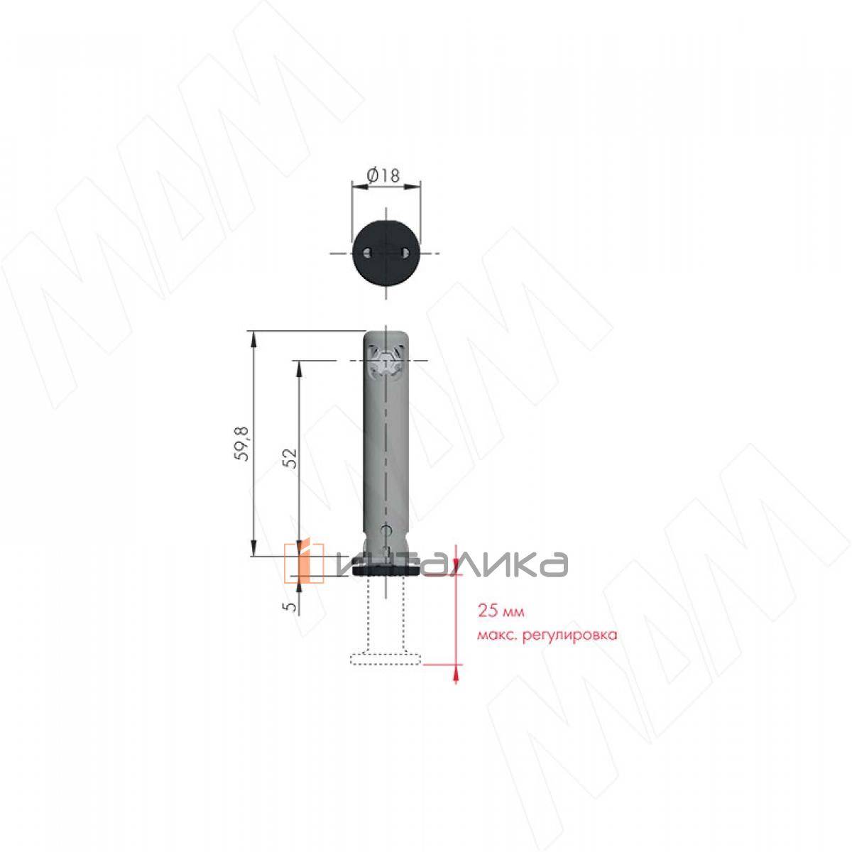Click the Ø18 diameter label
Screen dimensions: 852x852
point(383,176)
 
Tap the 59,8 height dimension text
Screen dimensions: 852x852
point(243,444)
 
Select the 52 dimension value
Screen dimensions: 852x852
point(290,458)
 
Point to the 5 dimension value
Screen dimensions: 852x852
point(290,606)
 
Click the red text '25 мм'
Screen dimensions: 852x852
point(501,611)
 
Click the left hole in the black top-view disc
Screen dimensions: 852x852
point(367,253)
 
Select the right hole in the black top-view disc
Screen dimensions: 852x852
point(405,253)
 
